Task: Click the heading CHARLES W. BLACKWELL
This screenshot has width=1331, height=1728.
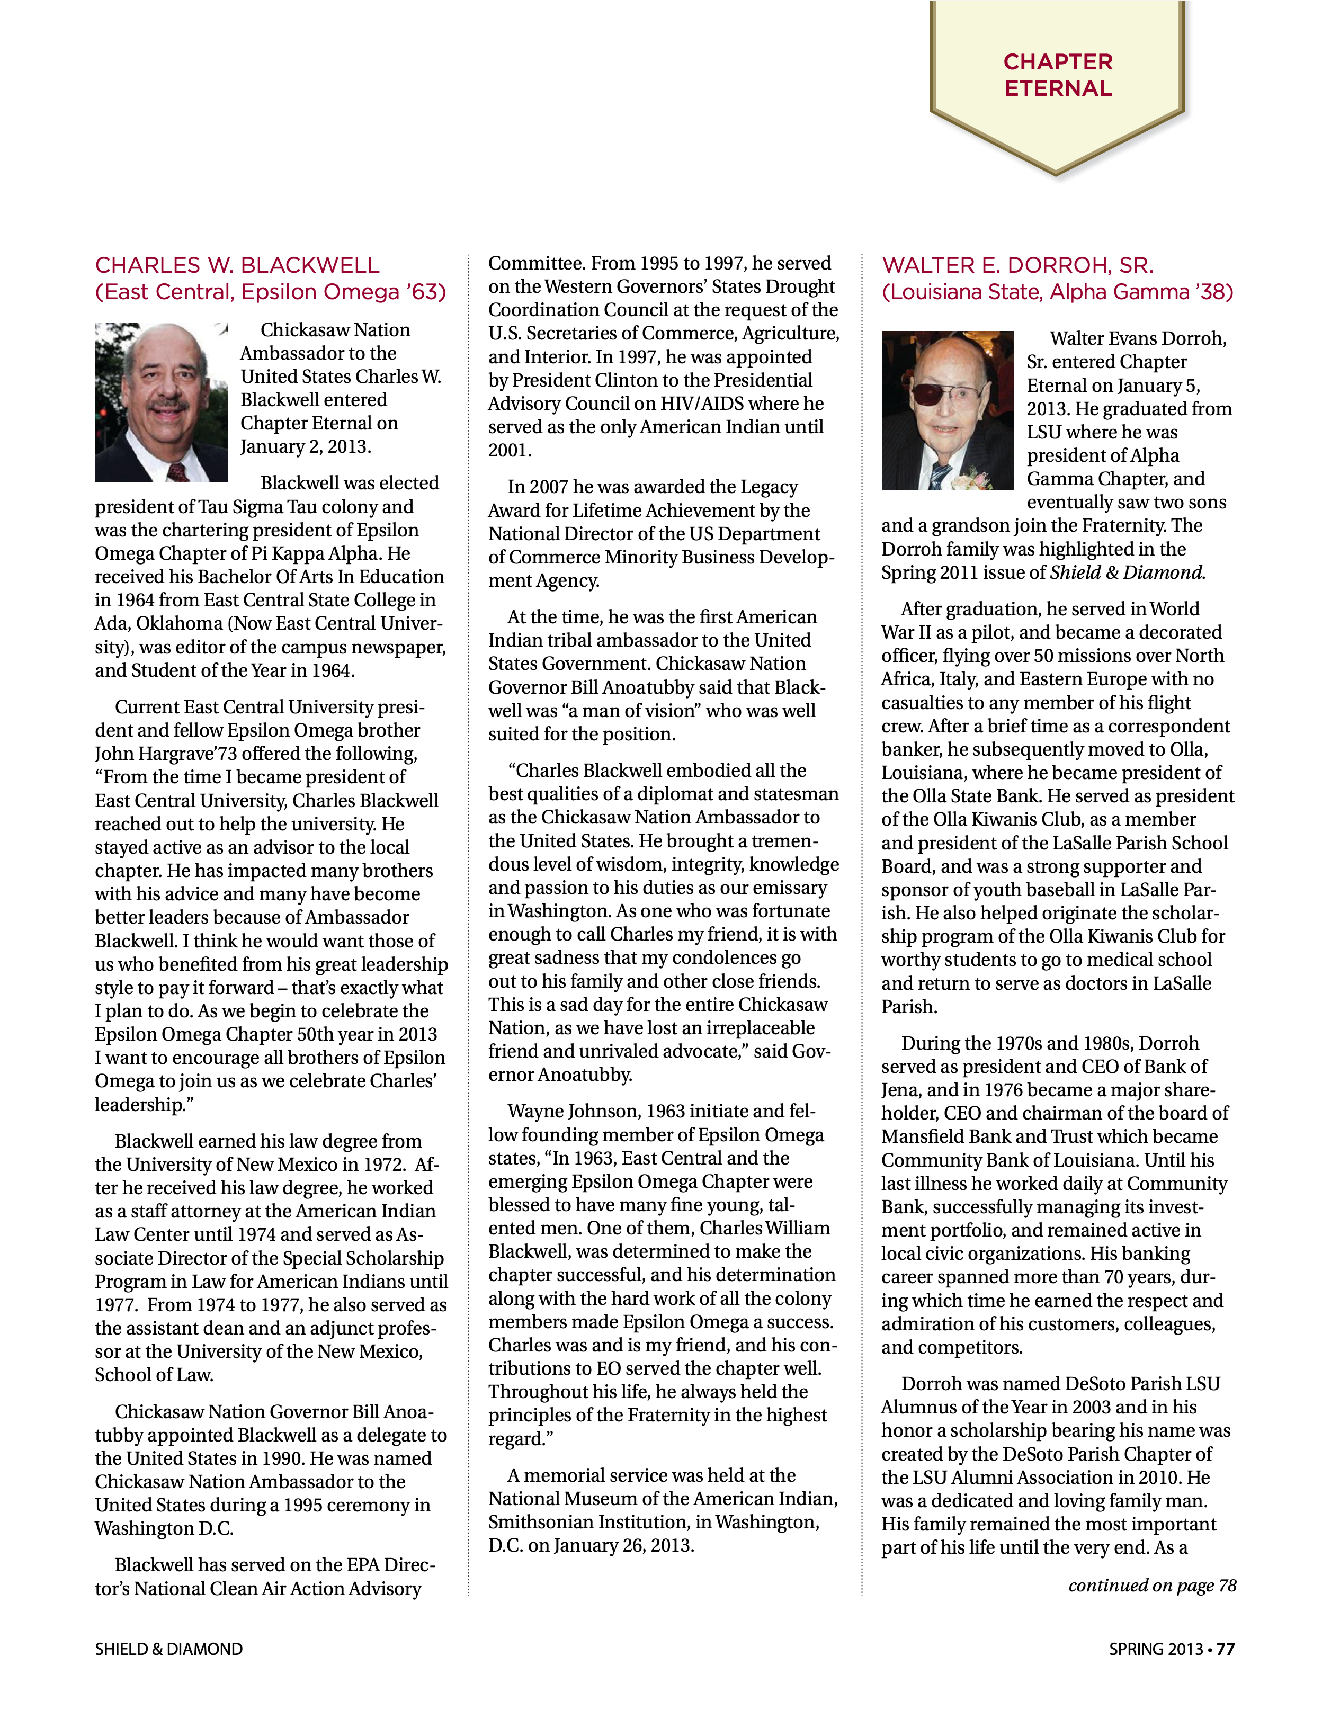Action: tap(237, 265)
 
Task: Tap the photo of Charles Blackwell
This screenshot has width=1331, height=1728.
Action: tap(162, 402)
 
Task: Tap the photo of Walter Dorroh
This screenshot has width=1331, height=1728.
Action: tap(947, 410)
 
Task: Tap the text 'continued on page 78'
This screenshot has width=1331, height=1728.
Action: tap(1151, 1586)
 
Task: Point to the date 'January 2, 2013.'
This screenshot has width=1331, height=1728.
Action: tap(306, 447)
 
